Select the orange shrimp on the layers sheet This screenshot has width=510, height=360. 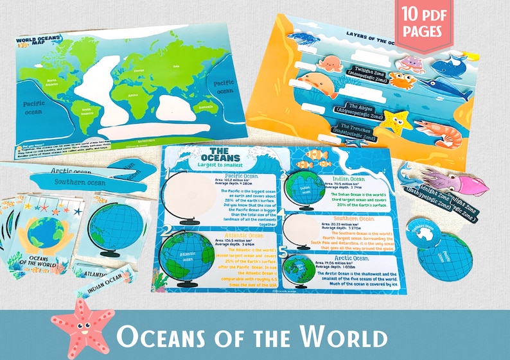pos(439,131)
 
